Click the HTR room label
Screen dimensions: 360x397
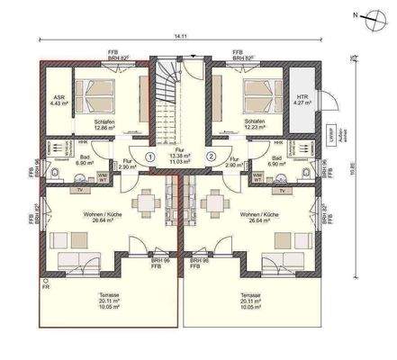[x=302, y=98]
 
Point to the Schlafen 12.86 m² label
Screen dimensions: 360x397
[x=107, y=125]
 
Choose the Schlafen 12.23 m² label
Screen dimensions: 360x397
[x=255, y=125]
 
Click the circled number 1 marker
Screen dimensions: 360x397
[x=150, y=156]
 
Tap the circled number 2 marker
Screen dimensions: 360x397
[x=211, y=156]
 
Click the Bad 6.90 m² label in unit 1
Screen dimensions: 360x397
[x=86, y=159]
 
